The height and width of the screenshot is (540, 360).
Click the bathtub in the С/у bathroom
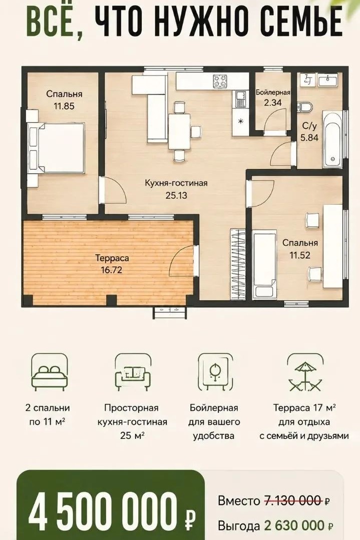click(x=332, y=139)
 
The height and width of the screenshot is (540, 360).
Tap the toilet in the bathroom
click(x=305, y=107)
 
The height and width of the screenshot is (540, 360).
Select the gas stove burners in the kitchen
click(x=220, y=81)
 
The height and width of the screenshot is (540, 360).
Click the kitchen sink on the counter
click(x=240, y=99)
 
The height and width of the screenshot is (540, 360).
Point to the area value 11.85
click(x=64, y=106)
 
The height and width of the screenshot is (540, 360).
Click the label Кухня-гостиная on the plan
click(x=176, y=183)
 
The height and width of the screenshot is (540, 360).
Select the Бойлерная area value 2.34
click(x=273, y=102)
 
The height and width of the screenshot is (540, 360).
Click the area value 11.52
click(x=300, y=255)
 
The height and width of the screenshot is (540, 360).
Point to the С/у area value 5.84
click(x=309, y=138)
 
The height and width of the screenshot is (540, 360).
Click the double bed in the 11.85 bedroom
click(x=57, y=148)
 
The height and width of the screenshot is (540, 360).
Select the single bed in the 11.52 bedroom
click(x=264, y=264)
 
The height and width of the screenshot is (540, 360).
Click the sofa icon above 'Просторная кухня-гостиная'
click(x=133, y=373)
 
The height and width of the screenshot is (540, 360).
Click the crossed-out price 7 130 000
click(x=294, y=500)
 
